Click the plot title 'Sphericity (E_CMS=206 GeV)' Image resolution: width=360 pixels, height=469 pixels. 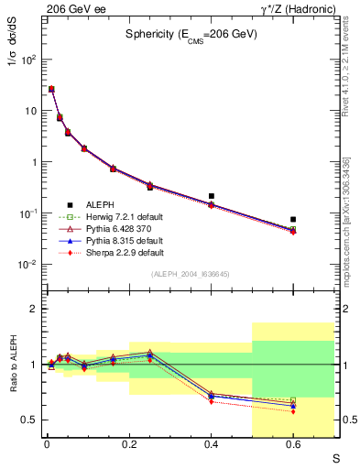[x=191, y=36]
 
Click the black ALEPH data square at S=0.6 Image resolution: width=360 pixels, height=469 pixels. [x=293, y=220]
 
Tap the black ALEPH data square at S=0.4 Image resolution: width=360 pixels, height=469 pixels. [x=211, y=196]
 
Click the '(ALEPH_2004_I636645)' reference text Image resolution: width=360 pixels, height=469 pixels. [x=191, y=274]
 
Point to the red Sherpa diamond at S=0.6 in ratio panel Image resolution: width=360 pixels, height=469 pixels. [x=293, y=411]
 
